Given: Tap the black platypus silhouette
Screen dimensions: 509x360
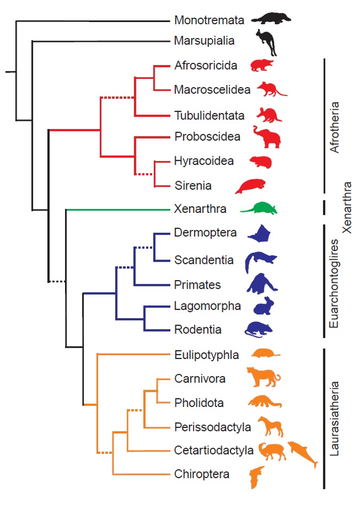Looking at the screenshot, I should [271, 19].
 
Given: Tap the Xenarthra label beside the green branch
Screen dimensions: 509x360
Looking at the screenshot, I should [200, 209].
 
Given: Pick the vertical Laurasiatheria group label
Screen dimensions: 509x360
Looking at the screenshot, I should [335, 419].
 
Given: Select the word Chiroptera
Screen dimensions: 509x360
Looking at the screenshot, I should [201, 474].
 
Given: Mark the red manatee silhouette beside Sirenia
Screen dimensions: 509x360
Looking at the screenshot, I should [251, 186].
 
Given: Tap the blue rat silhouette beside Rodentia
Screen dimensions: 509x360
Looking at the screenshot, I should [259, 329].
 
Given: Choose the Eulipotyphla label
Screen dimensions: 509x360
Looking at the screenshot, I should [206, 354].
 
